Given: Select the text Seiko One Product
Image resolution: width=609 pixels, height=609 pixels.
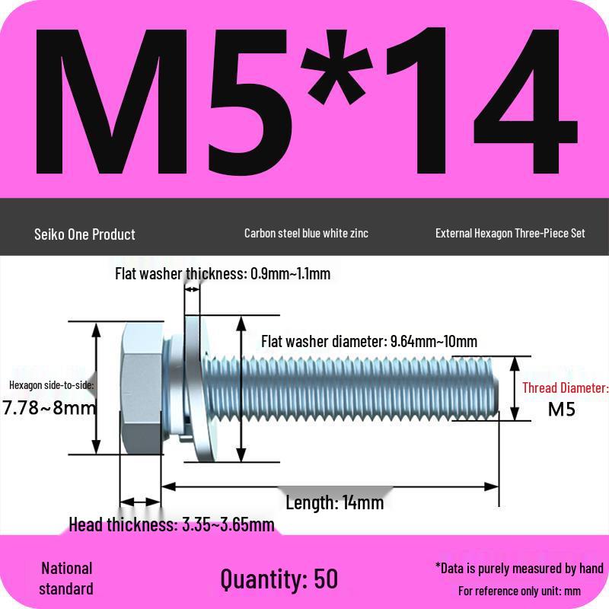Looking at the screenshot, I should click(x=84, y=234).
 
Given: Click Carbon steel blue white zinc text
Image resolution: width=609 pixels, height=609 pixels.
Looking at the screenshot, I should click(x=306, y=233).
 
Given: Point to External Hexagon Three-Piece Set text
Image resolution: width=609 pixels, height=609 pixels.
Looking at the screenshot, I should click(x=510, y=233).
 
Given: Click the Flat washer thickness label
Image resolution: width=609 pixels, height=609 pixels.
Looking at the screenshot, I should click(x=222, y=273).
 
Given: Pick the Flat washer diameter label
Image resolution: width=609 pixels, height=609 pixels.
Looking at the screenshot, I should click(x=369, y=341).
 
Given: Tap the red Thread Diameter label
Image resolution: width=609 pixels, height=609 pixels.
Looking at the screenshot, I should click(x=565, y=388).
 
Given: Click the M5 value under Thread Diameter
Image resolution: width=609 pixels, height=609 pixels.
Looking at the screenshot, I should click(x=562, y=409).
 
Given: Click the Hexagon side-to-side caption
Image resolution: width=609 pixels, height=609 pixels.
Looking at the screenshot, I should click(x=51, y=385).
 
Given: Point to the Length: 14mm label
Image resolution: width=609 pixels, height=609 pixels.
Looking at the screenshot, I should click(x=334, y=502).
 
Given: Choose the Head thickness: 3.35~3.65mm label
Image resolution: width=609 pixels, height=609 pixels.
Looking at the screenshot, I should click(x=171, y=525).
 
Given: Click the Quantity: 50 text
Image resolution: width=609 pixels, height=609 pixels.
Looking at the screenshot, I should click(x=279, y=579).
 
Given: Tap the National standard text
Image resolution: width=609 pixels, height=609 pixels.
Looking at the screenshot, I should click(x=66, y=579).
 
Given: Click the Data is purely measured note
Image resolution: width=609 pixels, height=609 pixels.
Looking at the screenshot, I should click(x=519, y=568).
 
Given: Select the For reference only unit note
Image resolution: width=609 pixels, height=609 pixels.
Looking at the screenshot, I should click(x=519, y=591).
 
